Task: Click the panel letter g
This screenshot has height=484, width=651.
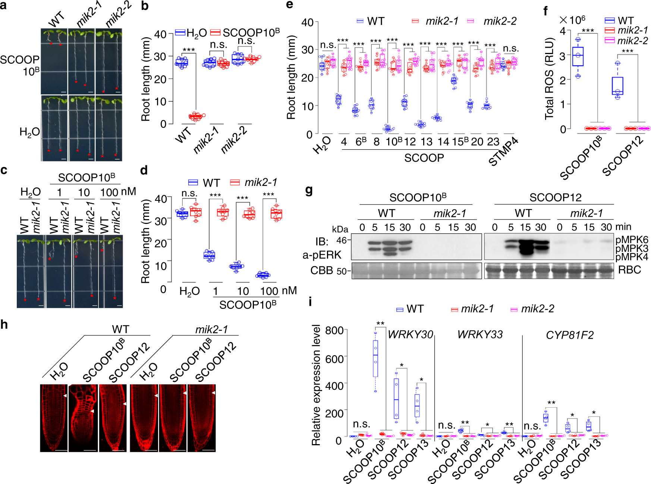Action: (x=309, y=190)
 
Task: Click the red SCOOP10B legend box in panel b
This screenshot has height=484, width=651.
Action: (x=216, y=32)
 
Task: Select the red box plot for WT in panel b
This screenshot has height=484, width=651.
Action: (x=195, y=117)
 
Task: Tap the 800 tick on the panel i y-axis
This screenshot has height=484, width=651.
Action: (x=334, y=331)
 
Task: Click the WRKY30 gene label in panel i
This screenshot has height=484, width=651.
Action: (x=410, y=335)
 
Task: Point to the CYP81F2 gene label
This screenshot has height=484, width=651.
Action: (x=569, y=335)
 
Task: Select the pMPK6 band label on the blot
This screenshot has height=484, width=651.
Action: (x=632, y=240)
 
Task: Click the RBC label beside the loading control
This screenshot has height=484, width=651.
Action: (x=629, y=270)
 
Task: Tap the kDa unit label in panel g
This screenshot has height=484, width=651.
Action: (x=340, y=229)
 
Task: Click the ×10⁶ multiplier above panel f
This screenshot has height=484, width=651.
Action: (x=572, y=19)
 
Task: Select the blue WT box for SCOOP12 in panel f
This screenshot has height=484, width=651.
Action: (x=617, y=86)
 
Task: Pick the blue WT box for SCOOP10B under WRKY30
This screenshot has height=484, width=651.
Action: (x=375, y=358)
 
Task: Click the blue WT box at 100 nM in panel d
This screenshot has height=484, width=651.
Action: (x=263, y=275)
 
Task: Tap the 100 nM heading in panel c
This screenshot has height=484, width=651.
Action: (x=118, y=192)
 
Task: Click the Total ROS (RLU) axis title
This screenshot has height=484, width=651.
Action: (x=549, y=79)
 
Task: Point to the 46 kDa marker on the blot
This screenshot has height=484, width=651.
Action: (x=342, y=240)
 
